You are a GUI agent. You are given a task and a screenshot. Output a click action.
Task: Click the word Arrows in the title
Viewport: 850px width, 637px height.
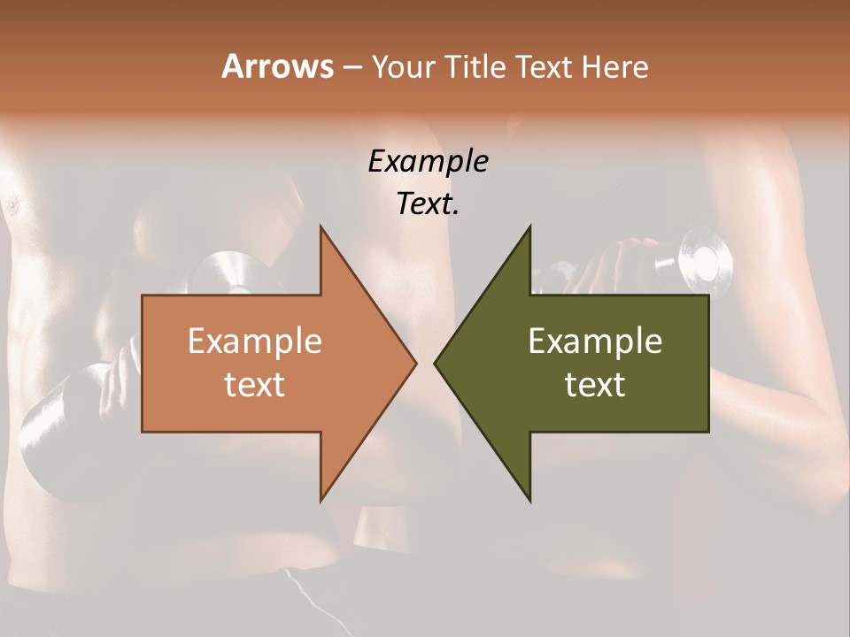pos(277,66)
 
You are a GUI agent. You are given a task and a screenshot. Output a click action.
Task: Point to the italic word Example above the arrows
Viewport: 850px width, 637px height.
pos(428,161)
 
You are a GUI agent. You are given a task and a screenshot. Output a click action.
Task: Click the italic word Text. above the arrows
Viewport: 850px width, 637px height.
pos(428,203)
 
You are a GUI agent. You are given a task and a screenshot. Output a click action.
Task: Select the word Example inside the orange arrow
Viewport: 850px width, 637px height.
pos(255,341)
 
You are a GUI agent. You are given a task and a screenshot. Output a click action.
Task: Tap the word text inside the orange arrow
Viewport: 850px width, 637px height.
pos(255,385)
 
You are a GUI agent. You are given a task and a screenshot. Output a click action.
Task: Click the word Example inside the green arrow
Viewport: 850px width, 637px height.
pos(595,341)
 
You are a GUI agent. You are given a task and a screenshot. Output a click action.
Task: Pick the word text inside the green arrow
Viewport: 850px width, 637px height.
pos(595,385)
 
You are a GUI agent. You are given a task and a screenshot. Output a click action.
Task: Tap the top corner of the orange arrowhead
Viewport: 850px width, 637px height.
pos(321,227)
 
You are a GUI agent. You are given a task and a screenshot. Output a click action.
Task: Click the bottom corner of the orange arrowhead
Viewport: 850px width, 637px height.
pos(321,500)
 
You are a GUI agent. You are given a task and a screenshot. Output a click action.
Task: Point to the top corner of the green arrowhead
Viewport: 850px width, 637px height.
pos(529,227)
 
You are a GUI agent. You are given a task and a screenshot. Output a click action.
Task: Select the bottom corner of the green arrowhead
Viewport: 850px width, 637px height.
pos(529,500)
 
